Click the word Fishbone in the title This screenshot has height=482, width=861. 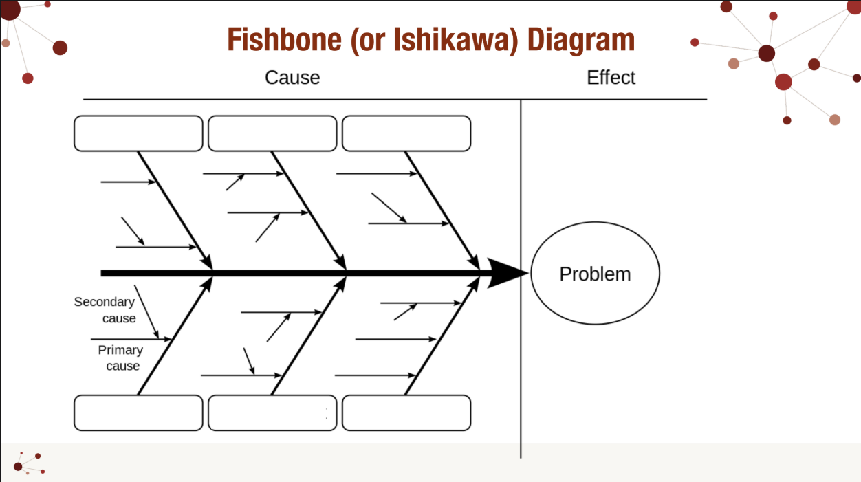[x=284, y=40]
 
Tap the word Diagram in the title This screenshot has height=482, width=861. [x=581, y=40]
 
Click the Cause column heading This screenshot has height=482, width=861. [x=292, y=78]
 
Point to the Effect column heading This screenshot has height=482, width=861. [x=611, y=78]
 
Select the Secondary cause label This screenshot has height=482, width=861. [x=105, y=310]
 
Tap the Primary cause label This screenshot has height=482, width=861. [x=121, y=358]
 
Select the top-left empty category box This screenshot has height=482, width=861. [x=138, y=133]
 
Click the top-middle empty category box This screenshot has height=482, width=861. [x=272, y=133]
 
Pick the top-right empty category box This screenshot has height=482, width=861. [x=406, y=133]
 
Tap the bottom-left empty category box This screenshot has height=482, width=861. [x=138, y=413]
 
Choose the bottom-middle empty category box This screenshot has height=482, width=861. [x=272, y=413]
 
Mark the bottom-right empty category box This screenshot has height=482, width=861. [x=406, y=413]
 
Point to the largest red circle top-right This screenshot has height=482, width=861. [x=783, y=82]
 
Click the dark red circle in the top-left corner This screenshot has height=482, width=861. [x=10, y=10]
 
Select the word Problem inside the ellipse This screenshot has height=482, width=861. [x=595, y=274]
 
